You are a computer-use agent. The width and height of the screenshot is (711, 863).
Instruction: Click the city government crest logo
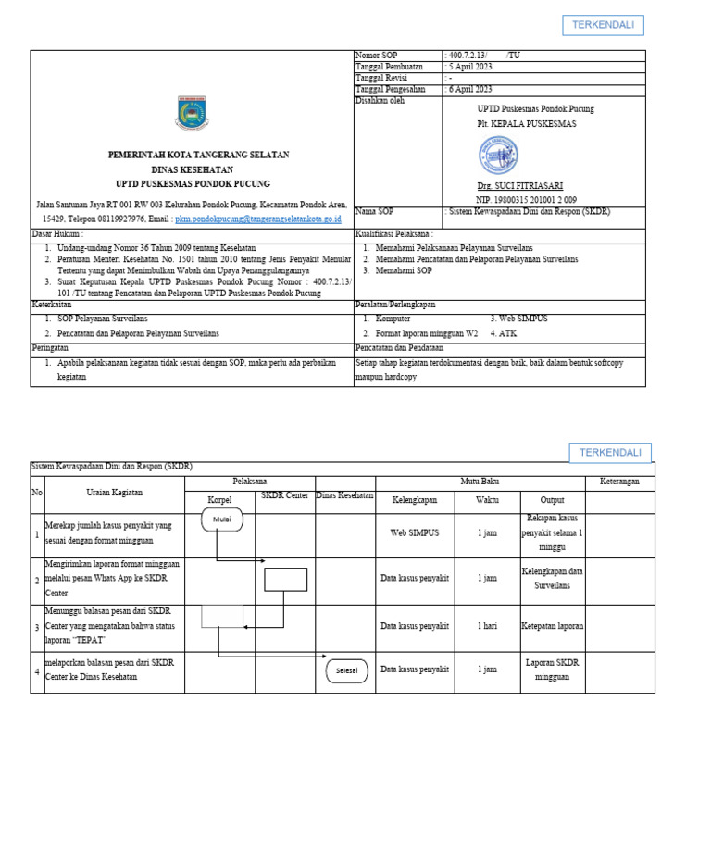[x=192, y=113]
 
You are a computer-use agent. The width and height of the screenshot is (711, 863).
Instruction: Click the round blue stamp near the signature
[x=497, y=156]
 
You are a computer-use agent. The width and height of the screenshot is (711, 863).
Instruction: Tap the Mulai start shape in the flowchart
[x=222, y=519]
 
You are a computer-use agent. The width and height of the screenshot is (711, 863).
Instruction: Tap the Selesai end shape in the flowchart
[x=346, y=670]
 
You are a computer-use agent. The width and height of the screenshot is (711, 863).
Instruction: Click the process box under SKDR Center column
[x=285, y=579]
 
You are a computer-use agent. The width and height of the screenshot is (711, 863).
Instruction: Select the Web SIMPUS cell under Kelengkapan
[x=415, y=533]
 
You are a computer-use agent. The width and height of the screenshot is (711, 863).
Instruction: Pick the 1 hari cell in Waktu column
[x=487, y=626]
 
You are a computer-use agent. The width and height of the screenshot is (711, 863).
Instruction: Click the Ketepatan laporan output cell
[x=552, y=626]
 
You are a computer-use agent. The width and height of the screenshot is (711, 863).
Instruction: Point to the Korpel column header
[x=218, y=499]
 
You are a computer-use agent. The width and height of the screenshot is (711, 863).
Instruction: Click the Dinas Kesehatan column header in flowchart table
[x=344, y=495]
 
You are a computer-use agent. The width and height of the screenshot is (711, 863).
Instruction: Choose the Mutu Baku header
[x=480, y=482]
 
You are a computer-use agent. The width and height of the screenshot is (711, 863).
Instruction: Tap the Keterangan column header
[x=619, y=482]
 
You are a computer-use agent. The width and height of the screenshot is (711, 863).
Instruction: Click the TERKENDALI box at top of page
[x=603, y=25]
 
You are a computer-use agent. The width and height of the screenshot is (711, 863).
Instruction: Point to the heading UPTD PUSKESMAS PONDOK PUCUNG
[x=193, y=184]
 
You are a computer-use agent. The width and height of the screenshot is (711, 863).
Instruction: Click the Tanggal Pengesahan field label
[x=391, y=89]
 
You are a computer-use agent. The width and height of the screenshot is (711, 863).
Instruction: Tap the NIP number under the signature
[x=526, y=200]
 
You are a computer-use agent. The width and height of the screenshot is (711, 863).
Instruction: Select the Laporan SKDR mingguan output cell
[x=552, y=669]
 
